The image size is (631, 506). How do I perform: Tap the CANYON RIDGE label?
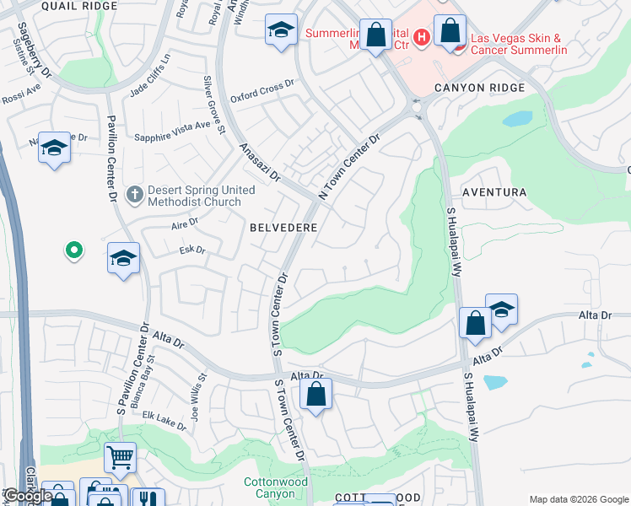[479, 88]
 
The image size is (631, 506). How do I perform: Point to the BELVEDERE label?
[283, 228]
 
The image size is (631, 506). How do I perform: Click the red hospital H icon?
[421, 37]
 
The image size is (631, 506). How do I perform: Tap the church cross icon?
[133, 195]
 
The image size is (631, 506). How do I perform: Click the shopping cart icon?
[120, 457]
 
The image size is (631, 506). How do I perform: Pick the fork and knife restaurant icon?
[148, 498]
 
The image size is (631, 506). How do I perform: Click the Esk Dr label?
[192, 250]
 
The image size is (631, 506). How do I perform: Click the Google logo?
[27, 496]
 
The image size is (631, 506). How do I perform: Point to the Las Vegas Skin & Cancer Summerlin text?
[518, 44]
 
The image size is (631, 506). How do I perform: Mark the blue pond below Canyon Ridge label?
[517, 118]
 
